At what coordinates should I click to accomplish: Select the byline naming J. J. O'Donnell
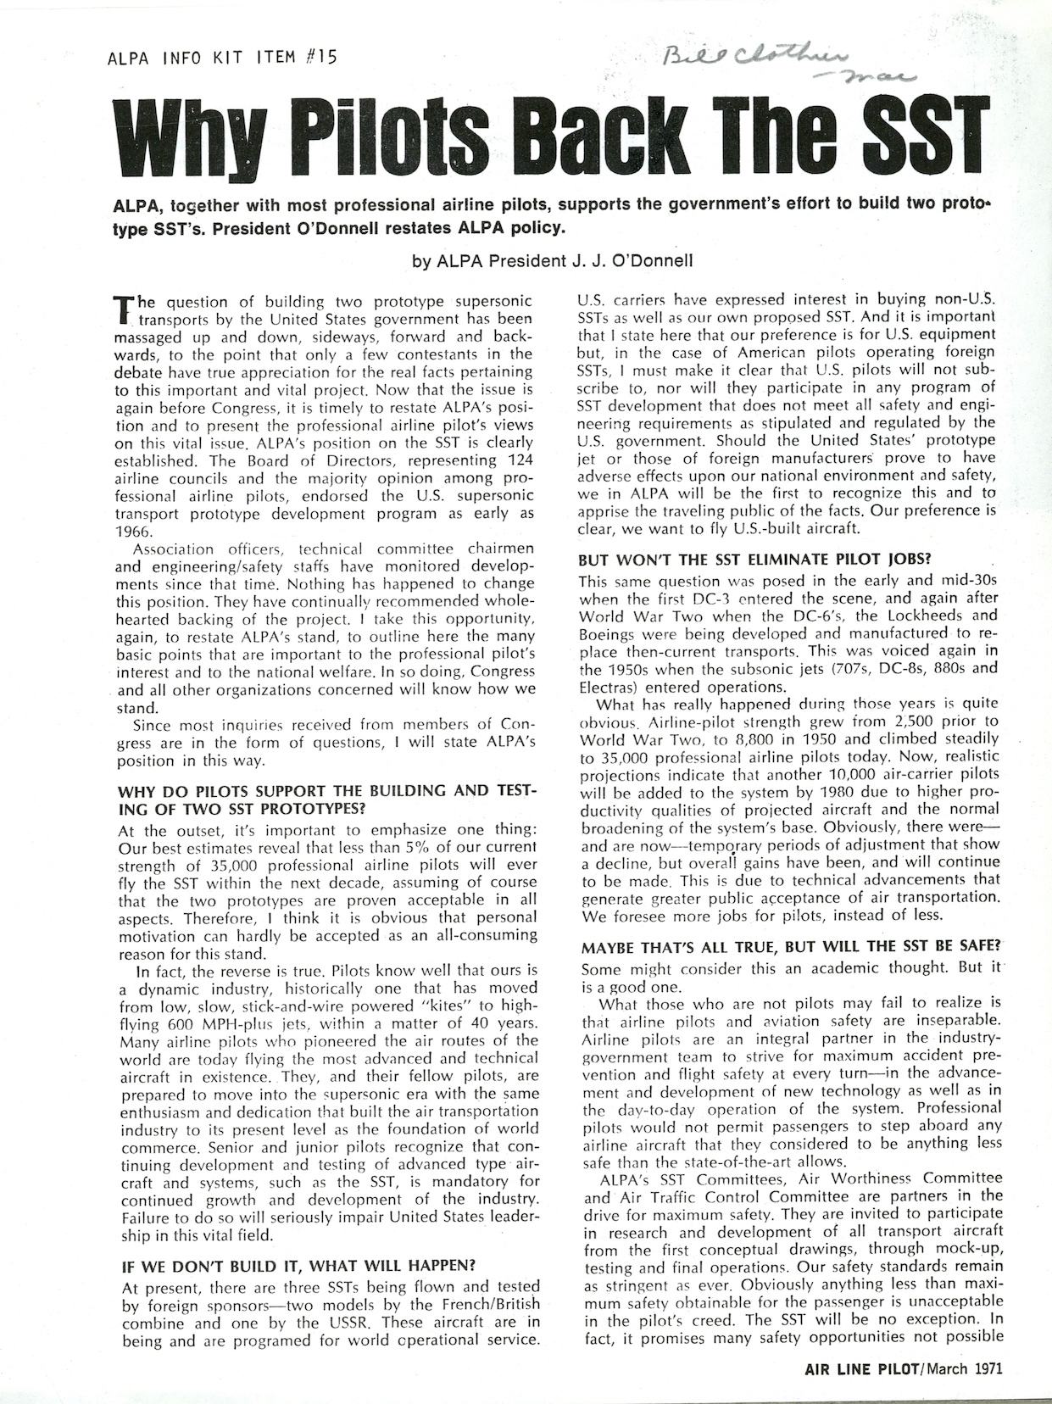(x=552, y=262)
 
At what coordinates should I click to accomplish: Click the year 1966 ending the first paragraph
(x=132, y=532)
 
